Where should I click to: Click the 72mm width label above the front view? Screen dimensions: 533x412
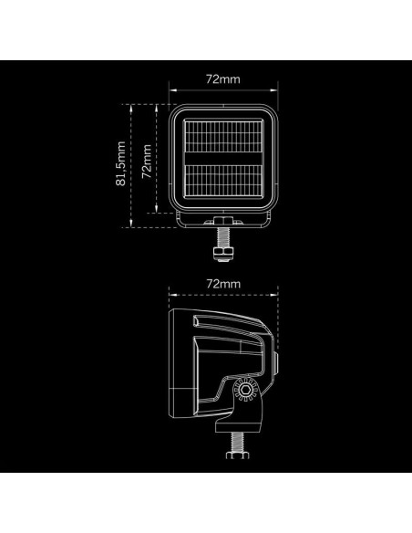coord(223,80)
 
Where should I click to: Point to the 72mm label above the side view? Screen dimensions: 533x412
coord(223,284)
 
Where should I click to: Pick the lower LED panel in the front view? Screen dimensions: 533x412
coord(223,186)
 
